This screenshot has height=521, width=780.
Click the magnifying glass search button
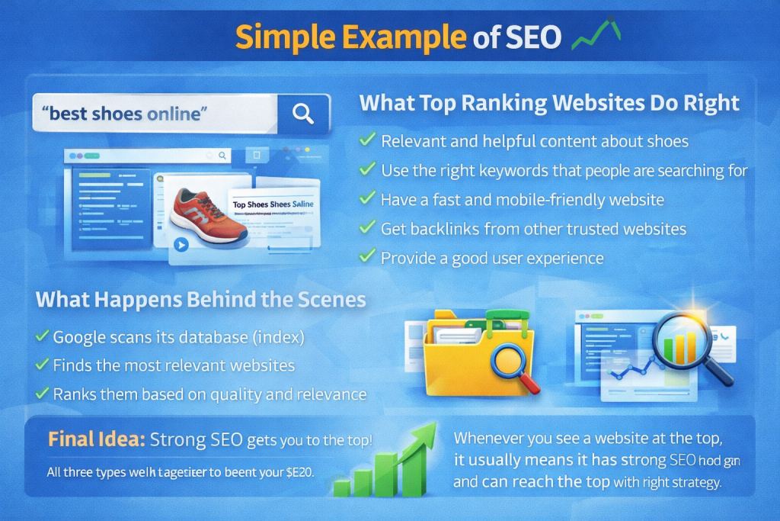click(x=303, y=114)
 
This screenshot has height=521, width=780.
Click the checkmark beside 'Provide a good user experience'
click(x=367, y=256)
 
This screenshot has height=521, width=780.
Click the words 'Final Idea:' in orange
click(x=96, y=439)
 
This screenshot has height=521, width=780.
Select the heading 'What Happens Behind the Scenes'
click(x=201, y=299)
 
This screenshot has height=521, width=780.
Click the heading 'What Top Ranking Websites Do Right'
click(x=549, y=103)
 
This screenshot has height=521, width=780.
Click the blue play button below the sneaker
click(x=181, y=245)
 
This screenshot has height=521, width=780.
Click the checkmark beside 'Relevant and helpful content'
click(x=367, y=140)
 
